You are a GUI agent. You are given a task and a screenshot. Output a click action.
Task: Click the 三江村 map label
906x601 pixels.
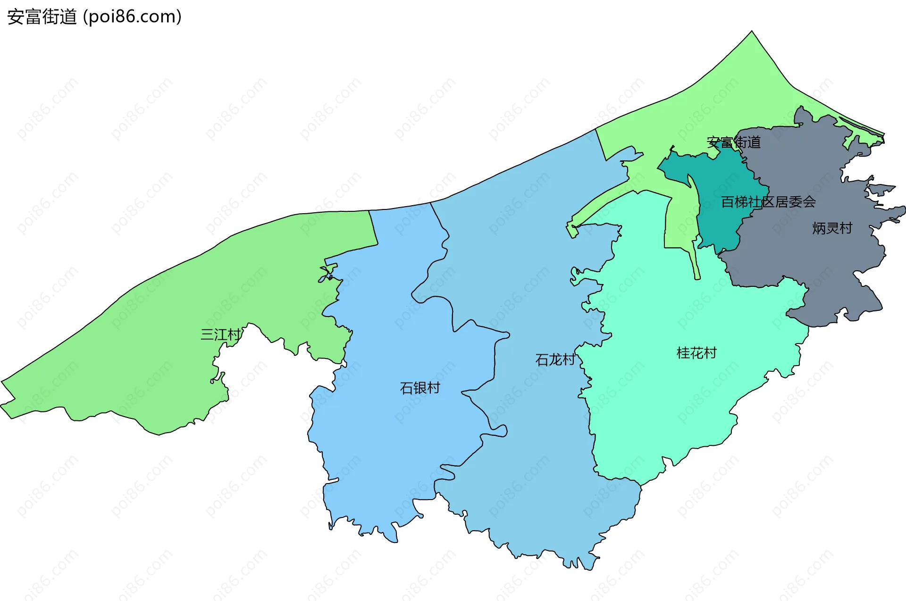coord(220,334)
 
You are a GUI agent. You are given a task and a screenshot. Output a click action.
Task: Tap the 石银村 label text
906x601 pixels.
coord(420,388)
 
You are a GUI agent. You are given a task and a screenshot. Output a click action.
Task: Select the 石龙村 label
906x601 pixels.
coord(555,360)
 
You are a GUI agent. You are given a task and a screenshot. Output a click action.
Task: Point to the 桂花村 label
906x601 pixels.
coord(696,353)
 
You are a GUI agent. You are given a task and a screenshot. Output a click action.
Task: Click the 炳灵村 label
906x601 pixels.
coord(832,228)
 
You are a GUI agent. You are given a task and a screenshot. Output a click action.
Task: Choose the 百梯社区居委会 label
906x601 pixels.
coord(768,202)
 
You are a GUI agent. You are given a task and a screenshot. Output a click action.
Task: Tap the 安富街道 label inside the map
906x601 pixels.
coord(733,142)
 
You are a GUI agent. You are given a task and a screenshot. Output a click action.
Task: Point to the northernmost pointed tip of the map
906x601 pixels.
coord(752,32)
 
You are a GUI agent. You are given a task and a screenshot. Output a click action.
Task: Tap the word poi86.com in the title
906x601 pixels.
coord(132,17)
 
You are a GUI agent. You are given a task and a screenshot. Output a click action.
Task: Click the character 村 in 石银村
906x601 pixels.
coord(433,388)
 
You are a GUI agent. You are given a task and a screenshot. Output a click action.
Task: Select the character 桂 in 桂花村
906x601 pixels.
coord(683,353)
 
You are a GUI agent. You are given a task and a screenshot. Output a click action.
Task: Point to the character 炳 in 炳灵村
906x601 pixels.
coord(819,228)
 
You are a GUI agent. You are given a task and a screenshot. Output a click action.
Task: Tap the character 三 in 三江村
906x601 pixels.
coord(207,334)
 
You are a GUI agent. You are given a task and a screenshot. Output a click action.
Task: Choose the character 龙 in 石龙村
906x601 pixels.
coord(555,360)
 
